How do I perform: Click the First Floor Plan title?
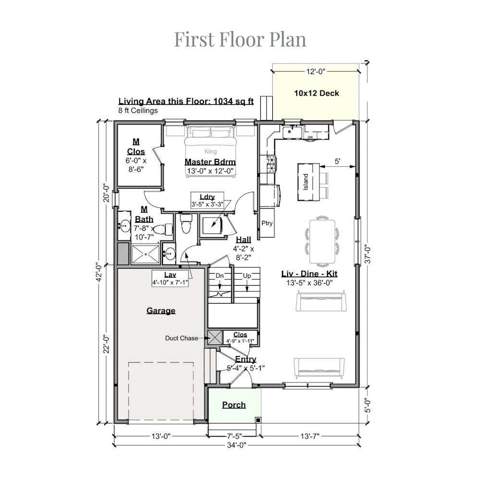(240, 39)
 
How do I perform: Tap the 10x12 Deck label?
(316, 93)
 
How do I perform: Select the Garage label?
(161, 311)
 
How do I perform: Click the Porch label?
(234, 405)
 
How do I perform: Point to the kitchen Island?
(309, 182)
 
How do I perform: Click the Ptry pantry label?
(267, 223)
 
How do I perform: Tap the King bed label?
(211, 151)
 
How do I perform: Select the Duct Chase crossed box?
(215, 338)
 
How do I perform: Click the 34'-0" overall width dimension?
(237, 445)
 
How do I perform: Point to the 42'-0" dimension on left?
(99, 272)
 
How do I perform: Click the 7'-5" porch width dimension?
(234, 436)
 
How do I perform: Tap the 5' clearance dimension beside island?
(338, 161)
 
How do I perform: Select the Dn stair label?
(220, 276)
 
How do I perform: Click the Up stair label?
(247, 276)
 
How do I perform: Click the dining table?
(322, 241)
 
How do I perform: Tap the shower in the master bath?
(146, 254)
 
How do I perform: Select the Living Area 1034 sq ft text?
(186, 101)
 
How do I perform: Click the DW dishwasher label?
(310, 137)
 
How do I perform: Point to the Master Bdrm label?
(210, 162)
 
